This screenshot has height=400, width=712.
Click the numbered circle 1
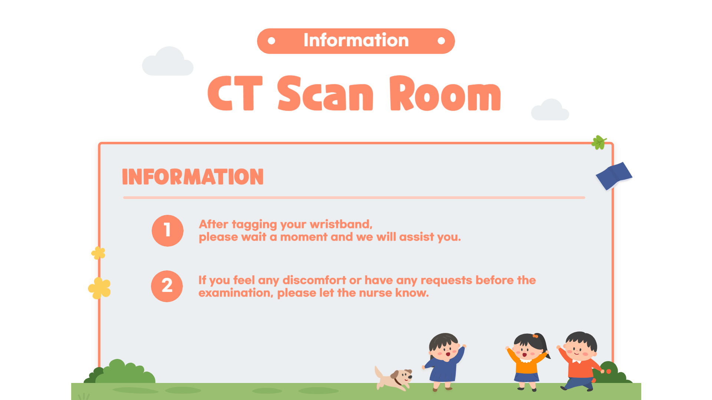168,230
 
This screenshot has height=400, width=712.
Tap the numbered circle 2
167,286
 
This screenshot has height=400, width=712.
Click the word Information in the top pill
356,40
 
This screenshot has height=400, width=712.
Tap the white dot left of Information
271,41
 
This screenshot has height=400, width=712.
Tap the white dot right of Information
441,41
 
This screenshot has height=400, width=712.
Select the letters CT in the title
235,93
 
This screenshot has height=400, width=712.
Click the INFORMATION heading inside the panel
193,177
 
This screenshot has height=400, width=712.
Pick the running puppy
393,378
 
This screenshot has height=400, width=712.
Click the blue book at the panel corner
614,176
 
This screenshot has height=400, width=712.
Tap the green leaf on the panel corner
599,143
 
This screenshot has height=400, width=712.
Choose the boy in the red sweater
580,361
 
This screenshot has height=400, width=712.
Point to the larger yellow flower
99,288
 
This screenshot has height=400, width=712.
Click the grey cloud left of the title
168,61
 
